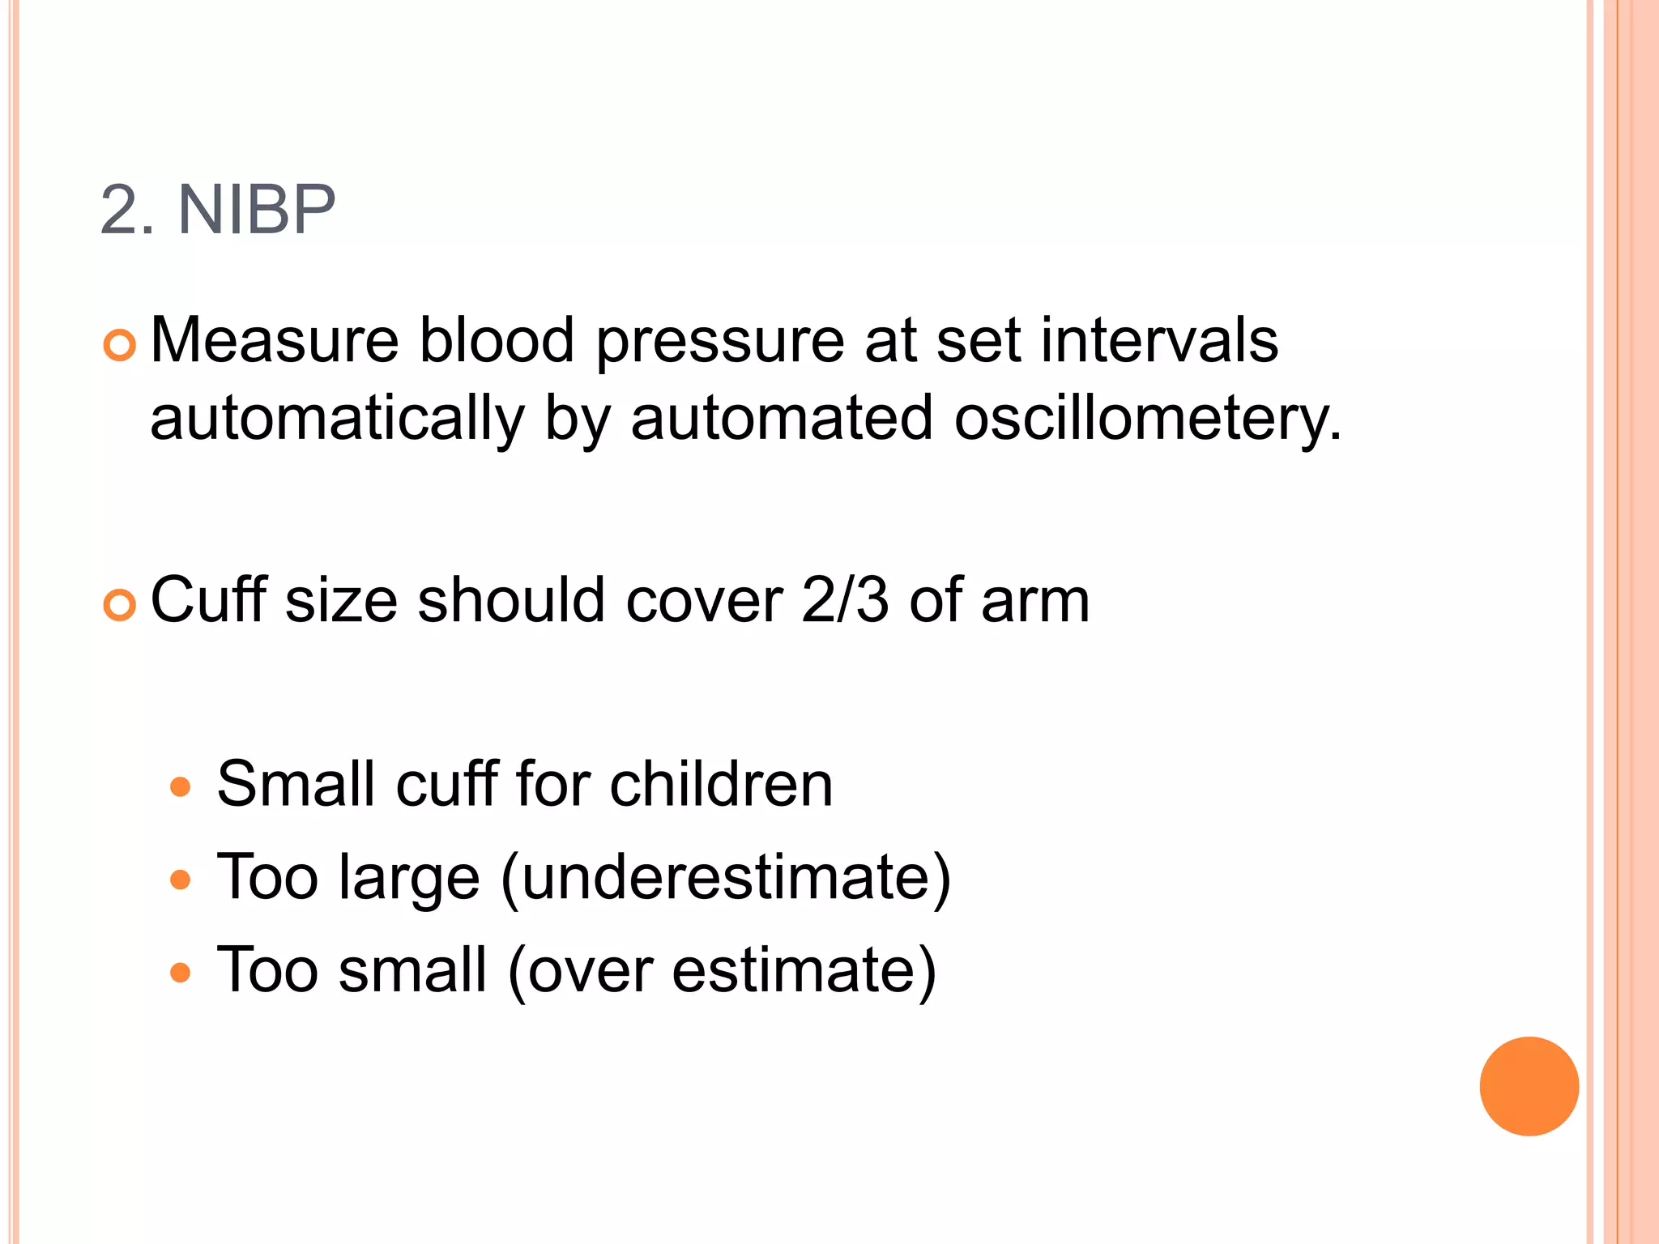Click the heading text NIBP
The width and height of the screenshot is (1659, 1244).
pyautogui.click(x=256, y=211)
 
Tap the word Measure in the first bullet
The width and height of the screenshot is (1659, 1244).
pyautogui.click(x=274, y=340)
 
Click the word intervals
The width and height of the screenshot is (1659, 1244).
pyautogui.click(x=1159, y=340)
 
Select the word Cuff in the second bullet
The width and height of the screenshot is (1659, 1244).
pyautogui.click(x=208, y=600)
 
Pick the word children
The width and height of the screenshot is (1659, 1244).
pyautogui.click(x=721, y=784)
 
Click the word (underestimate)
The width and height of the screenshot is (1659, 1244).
pyautogui.click(x=726, y=878)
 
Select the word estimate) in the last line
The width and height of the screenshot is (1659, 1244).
pyautogui.click(x=804, y=970)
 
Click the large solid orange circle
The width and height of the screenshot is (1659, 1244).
pyautogui.click(x=1529, y=1086)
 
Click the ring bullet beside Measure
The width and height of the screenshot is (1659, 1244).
pyautogui.click(x=120, y=346)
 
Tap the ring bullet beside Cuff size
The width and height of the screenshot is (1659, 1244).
pyautogui.click(x=120, y=606)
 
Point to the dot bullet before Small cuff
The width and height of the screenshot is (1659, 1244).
pyautogui.click(x=180, y=786)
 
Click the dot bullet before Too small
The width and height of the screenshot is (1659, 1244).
pyautogui.click(x=180, y=972)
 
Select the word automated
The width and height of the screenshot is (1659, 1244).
pyautogui.click(x=781, y=420)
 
